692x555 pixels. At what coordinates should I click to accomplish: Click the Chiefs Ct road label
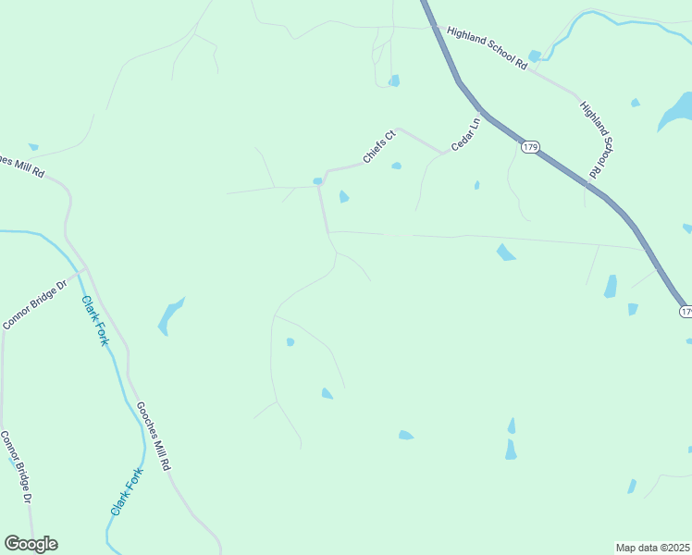click(379, 147)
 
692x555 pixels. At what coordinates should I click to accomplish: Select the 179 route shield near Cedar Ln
click(529, 147)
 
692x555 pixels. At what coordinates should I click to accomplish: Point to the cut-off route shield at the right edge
click(686, 312)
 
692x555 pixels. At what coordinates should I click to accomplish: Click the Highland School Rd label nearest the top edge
click(486, 48)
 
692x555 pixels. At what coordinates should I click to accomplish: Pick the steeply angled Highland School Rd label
click(598, 139)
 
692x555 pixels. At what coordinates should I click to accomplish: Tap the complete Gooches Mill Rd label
click(154, 437)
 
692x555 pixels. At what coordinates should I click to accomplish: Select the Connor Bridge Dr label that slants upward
click(36, 305)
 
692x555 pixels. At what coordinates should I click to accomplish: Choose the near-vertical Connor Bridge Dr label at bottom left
click(17, 467)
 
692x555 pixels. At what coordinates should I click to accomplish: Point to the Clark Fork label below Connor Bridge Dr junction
click(95, 320)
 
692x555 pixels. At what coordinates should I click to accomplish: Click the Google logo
click(31, 544)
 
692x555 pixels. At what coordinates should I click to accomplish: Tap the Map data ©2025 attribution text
click(653, 548)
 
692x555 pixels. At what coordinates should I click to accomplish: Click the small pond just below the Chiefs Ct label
click(396, 166)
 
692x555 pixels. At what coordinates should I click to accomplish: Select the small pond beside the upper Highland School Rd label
click(535, 56)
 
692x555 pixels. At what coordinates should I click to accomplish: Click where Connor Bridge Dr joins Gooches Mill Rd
click(87, 269)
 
